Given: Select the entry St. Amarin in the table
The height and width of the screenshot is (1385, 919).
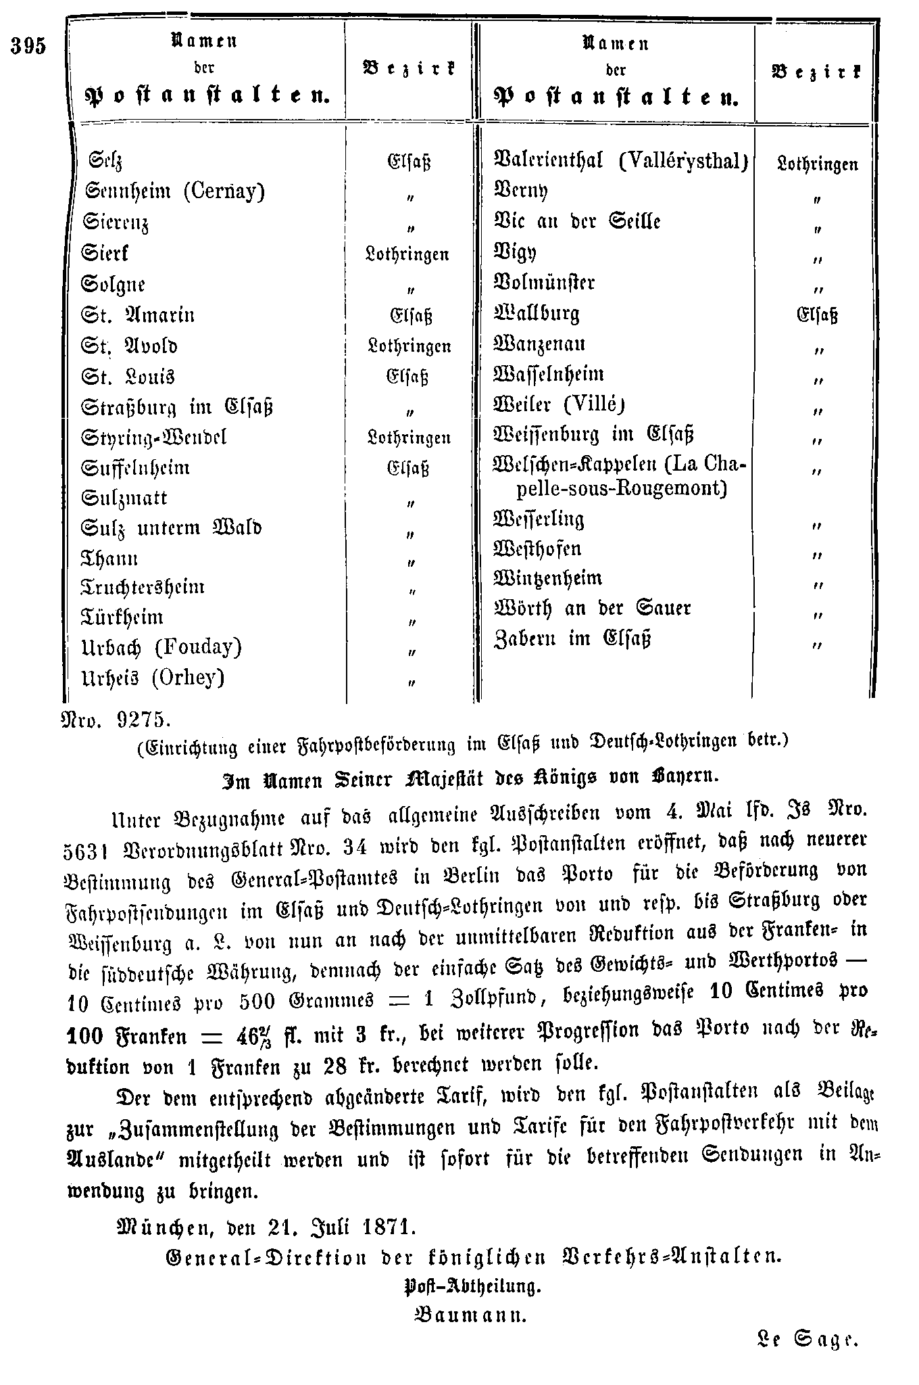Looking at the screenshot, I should click(138, 316).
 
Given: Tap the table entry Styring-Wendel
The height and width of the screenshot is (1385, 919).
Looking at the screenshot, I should click(154, 438).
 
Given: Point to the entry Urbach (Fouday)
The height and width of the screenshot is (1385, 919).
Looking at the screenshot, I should click(162, 648).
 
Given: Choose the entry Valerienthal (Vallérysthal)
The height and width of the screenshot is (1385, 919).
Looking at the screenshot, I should click(621, 161).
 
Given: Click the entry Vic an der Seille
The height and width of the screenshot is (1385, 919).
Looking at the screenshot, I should click(577, 222).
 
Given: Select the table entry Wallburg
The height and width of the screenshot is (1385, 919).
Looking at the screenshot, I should click(537, 314).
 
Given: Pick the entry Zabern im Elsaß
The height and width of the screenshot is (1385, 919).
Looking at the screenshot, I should click(572, 639).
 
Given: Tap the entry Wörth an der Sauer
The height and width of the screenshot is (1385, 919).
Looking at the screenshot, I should click(593, 609).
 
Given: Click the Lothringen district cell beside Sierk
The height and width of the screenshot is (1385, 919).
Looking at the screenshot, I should click(408, 254).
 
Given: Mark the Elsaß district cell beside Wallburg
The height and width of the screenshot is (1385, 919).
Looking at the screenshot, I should click(817, 315).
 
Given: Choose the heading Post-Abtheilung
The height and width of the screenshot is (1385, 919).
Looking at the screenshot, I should click(472, 1286).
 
